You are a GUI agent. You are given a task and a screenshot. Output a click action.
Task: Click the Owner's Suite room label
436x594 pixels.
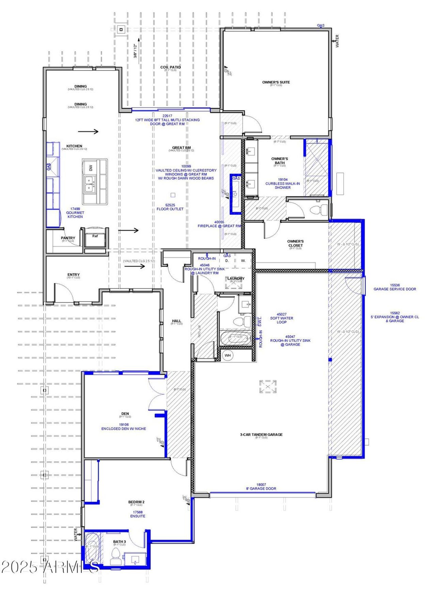coord(276,82)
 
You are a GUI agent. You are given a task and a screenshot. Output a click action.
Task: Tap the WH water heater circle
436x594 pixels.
coord(228,355)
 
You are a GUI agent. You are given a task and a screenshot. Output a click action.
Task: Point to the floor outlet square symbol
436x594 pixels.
coord(173,195)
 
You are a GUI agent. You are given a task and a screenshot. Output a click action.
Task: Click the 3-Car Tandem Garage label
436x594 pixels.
coord(261,434)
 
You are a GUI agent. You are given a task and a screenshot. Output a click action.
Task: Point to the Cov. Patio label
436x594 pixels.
coord(170,67)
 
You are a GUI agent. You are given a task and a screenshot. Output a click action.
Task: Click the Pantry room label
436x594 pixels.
coord(68,238)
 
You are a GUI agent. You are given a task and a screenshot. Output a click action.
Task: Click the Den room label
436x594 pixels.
coord(125,414)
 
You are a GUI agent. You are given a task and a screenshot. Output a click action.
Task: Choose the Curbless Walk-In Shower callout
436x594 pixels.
coord(282,183)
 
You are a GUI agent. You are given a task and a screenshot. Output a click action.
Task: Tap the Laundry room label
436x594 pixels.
coord(236,279)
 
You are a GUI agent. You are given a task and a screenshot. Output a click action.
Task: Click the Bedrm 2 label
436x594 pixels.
coord(136,502)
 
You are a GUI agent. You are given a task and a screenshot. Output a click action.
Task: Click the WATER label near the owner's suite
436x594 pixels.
coord(337,41)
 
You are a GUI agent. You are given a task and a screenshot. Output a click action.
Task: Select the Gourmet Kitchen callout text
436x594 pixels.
coord(75,213)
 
